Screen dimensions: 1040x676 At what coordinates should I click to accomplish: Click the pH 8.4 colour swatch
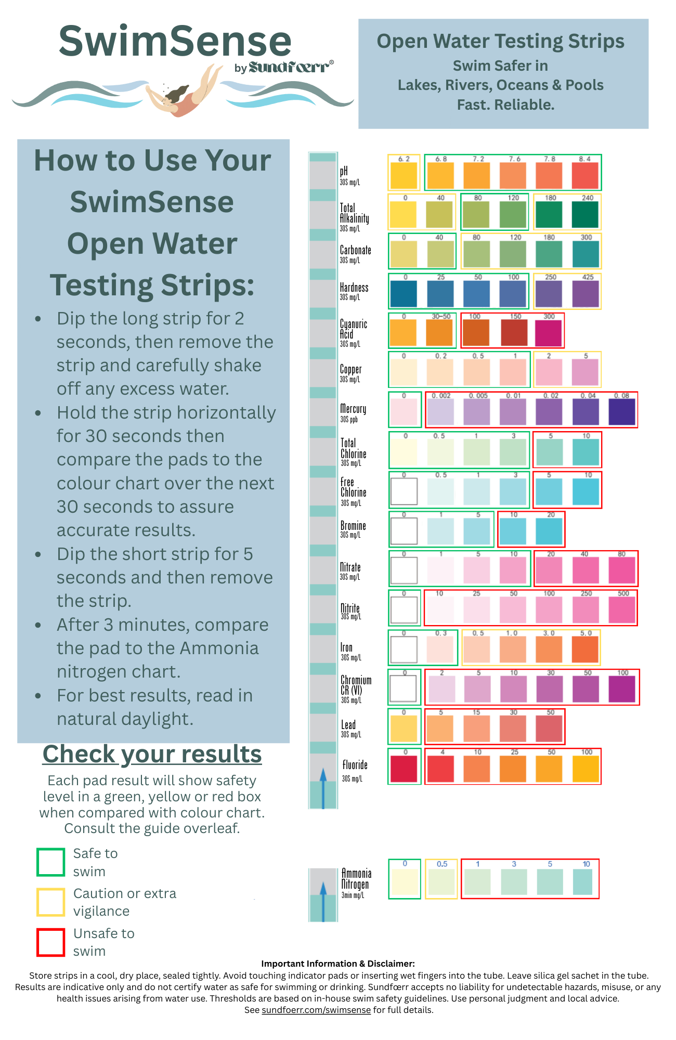point(585,176)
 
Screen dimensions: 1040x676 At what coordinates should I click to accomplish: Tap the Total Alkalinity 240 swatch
point(585,215)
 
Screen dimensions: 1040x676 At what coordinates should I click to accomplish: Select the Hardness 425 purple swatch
point(586,294)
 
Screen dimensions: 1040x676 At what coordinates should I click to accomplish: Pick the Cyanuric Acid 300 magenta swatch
point(549,333)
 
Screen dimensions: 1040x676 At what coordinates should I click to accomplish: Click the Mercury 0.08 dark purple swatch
point(622,412)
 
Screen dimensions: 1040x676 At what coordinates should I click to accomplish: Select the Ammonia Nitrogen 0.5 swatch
point(441,882)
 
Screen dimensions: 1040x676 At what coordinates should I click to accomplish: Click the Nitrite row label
point(350,610)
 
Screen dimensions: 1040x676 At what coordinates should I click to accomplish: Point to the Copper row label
point(350,372)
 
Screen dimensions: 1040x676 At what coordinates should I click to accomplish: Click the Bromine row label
point(353,528)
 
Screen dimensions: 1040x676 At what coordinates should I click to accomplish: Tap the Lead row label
point(348,727)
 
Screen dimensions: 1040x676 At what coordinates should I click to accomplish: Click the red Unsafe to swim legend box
point(50,942)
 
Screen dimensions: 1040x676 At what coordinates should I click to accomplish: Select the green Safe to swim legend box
point(50,862)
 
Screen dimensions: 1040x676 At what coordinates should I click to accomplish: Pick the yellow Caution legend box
point(50,902)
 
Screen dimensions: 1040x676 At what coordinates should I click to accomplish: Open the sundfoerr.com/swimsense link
point(316,1010)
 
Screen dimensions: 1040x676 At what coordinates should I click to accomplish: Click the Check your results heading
point(152,754)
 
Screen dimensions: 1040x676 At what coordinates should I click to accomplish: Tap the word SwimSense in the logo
point(175,42)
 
